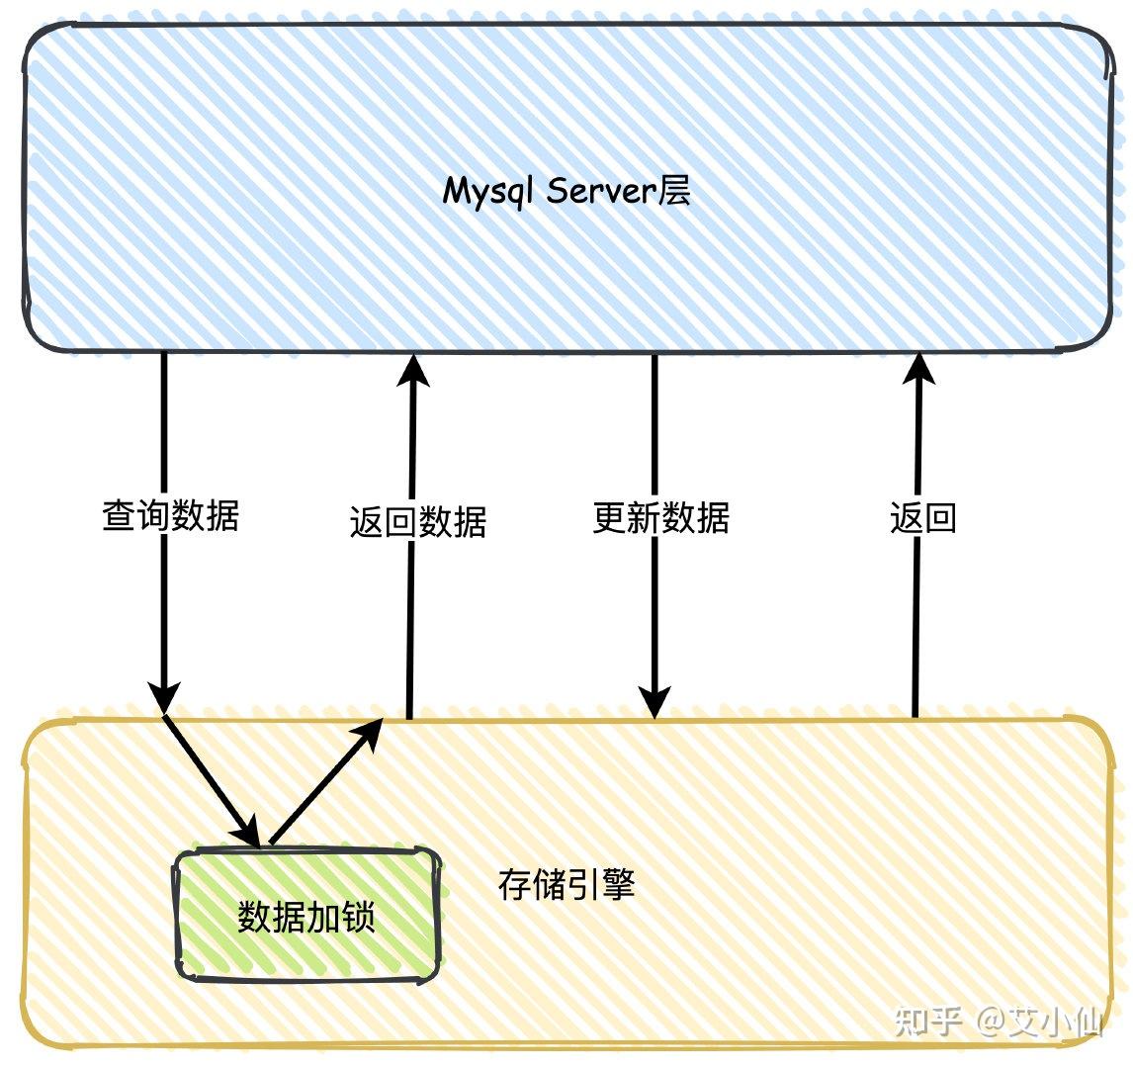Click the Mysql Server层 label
tap(566, 190)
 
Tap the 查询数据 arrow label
tap(170, 516)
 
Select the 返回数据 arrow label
tap(417, 521)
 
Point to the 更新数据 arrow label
tap(660, 517)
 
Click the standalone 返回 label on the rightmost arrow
tap(922, 517)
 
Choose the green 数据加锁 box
tap(306, 916)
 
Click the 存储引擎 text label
tap(566, 884)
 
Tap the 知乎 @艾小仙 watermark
tap(999, 1020)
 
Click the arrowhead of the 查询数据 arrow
tap(164, 696)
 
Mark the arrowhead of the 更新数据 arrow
tap(654, 701)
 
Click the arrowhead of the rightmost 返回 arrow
tap(919, 368)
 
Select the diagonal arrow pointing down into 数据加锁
tap(211, 781)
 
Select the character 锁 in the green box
tap(359, 917)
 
